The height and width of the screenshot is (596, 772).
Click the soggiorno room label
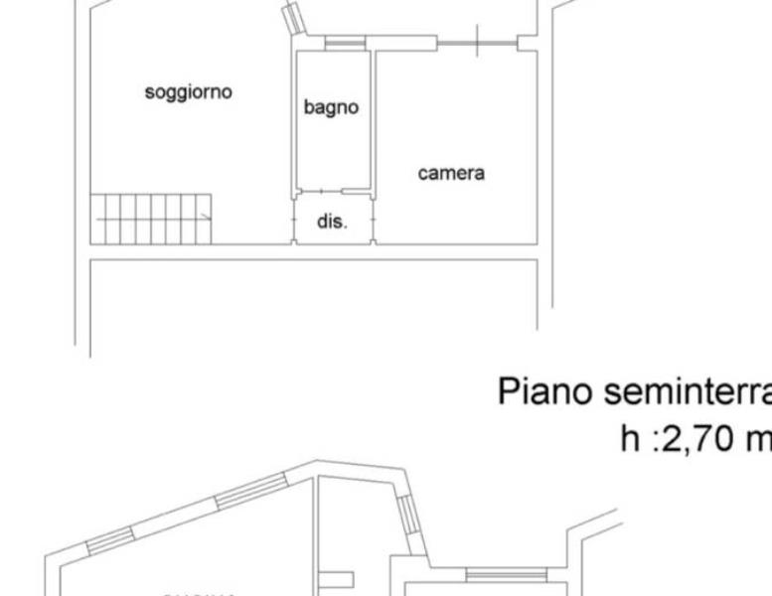click(x=189, y=92)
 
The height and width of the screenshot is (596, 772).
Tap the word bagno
click(x=331, y=108)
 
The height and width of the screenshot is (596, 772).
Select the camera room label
click(x=451, y=173)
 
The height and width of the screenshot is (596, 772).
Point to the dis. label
click(x=332, y=223)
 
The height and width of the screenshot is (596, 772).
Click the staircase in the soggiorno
click(x=151, y=218)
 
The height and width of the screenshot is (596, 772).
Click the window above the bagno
click(x=345, y=43)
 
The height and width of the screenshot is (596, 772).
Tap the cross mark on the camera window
click(x=477, y=42)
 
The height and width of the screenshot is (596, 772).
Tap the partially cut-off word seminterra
click(x=685, y=391)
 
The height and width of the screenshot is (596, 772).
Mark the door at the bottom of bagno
click(x=332, y=192)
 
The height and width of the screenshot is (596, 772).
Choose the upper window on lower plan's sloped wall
click(x=251, y=491)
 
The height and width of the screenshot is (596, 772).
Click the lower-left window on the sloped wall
click(x=108, y=538)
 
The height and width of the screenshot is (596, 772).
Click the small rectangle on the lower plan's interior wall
click(x=337, y=579)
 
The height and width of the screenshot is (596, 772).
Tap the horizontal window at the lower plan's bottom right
click(x=492, y=574)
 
